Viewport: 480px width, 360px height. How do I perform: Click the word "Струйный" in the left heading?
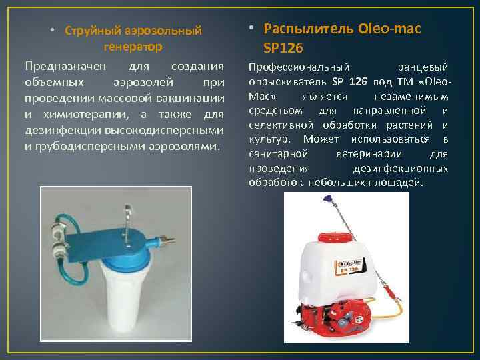[x=93, y=31]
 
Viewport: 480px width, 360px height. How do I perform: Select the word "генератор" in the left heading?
[x=133, y=47]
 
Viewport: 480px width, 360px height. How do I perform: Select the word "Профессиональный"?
[x=299, y=68]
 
